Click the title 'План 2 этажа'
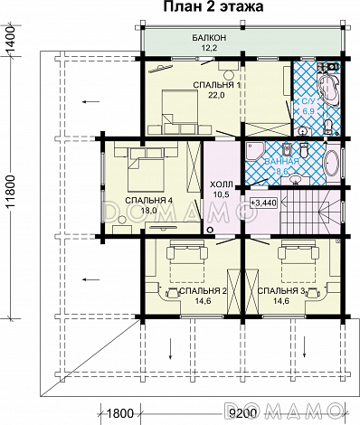(213, 6)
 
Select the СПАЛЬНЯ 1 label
(217, 85)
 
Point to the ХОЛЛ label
(222, 184)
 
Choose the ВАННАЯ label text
(281, 161)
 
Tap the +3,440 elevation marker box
(263, 203)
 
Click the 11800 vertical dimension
(11, 192)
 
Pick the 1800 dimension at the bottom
(120, 413)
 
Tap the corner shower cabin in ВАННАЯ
(255, 152)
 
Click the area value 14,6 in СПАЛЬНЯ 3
(281, 300)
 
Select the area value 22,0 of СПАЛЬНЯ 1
(216, 95)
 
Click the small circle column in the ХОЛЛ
(210, 230)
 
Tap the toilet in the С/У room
(328, 127)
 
